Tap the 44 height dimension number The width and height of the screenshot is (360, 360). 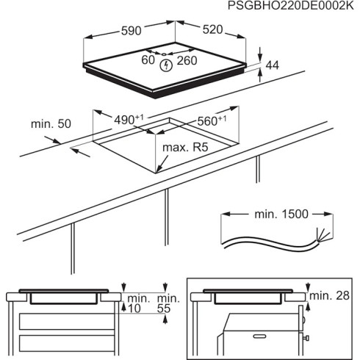pos(272,65)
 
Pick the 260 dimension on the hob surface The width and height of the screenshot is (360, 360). pos(187,61)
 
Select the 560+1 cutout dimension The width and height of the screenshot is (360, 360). pos(212,120)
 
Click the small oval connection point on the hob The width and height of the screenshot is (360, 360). pos(162,54)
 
